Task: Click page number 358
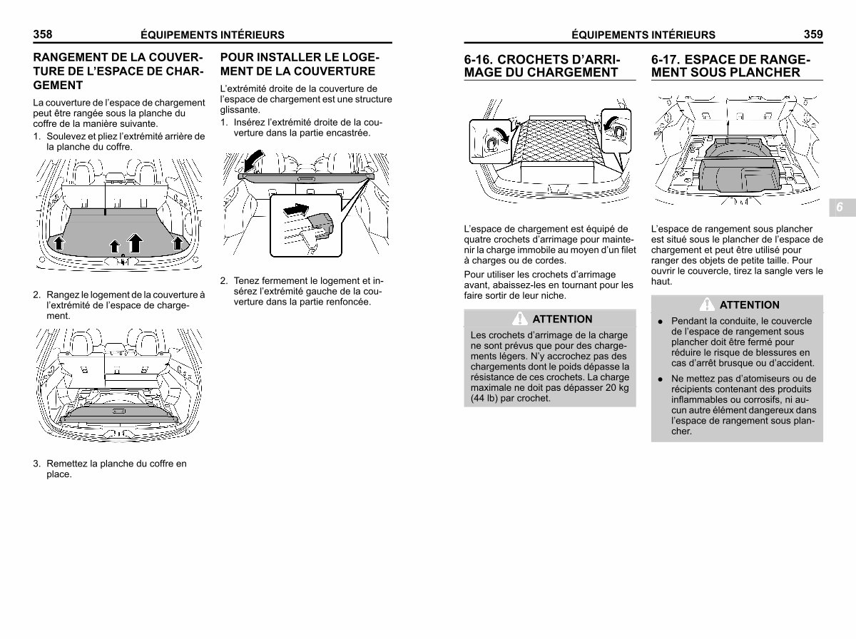click(x=43, y=34)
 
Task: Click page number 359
click(x=812, y=34)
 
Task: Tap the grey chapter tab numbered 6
click(x=839, y=208)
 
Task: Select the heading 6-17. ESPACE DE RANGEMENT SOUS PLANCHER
click(x=730, y=66)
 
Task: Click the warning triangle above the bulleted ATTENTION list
click(x=708, y=305)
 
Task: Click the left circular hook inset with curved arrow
click(x=491, y=138)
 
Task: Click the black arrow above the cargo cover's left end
click(x=254, y=158)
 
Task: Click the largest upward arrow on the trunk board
click(x=135, y=242)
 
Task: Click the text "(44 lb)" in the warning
click(x=481, y=399)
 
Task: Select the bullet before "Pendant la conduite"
click(x=661, y=322)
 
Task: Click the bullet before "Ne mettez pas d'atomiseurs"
click(x=661, y=379)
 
